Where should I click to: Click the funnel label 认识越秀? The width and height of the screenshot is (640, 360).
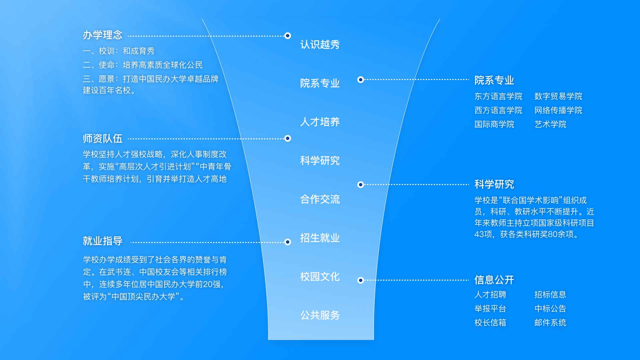320,45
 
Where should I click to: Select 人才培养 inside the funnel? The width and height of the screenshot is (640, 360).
320,122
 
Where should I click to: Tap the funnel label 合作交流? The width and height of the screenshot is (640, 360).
320,199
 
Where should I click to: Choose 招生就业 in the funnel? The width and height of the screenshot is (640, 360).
320,238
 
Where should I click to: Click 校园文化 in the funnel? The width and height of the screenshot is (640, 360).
320,277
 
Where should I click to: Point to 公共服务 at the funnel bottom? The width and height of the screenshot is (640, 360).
320,315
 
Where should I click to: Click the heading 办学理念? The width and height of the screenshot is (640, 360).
102,35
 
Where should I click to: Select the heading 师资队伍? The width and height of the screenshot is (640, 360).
102,139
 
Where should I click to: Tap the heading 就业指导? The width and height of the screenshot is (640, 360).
102,241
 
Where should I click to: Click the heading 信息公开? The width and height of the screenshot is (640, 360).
494,280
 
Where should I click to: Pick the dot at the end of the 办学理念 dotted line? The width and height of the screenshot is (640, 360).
288,36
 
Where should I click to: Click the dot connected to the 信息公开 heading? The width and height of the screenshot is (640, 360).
360,280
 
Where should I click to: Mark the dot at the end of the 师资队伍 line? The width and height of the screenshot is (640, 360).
288,138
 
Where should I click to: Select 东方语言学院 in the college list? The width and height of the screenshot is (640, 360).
498,96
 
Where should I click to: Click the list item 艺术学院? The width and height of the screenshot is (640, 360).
550,124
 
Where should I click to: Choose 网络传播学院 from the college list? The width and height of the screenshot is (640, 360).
558,110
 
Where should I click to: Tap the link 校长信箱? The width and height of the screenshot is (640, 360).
490,323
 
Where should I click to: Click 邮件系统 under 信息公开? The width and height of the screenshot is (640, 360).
550,323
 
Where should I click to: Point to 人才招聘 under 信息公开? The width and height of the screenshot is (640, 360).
490,295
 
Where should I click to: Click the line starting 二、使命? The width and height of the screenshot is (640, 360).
143,65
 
